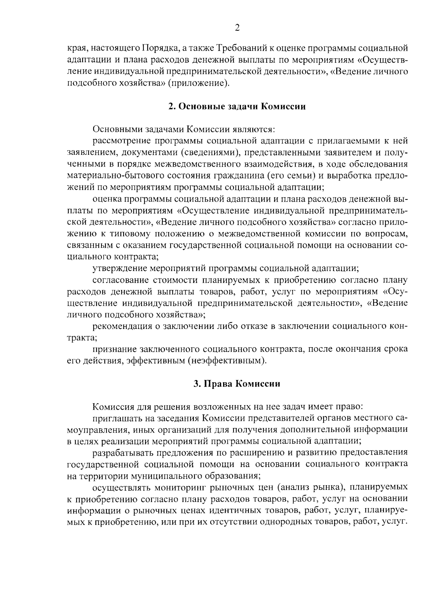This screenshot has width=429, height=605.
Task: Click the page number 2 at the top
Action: (237, 28)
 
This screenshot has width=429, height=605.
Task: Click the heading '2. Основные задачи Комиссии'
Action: (237, 107)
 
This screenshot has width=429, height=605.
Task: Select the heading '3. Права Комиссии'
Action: (237, 384)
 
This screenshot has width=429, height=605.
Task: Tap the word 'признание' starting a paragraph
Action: (113, 349)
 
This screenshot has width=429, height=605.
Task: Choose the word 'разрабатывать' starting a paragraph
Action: (121, 453)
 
